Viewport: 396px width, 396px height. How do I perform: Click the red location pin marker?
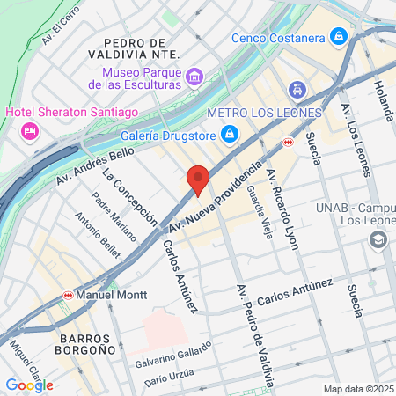coord(199,180)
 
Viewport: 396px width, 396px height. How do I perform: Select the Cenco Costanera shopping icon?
coord(337,36)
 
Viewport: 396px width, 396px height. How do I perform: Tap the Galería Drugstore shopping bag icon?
coord(230,133)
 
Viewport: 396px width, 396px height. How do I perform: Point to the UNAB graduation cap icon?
coord(378,238)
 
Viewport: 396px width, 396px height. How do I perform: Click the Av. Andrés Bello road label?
coord(94,167)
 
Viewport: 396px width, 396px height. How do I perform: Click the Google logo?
coord(29,385)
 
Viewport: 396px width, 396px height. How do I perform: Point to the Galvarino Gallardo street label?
coord(173,355)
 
